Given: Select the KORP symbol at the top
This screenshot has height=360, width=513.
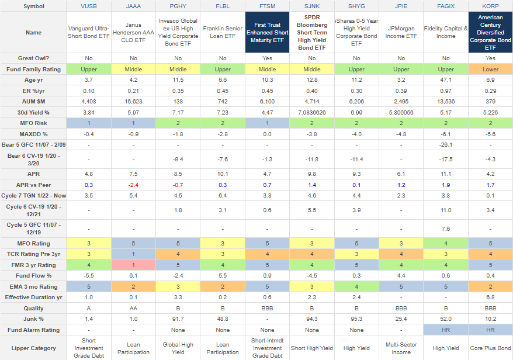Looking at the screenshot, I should pyautogui.click(x=490, y=6).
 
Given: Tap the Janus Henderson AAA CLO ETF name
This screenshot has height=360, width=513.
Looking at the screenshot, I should pyautogui.click(x=133, y=32).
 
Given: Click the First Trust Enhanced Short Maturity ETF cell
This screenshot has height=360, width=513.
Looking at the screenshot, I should pyautogui.click(x=267, y=32).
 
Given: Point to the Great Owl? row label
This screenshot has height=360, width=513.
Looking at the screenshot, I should pyautogui.click(x=33, y=58).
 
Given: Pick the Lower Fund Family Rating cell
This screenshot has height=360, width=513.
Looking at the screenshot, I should pyautogui.click(x=490, y=69).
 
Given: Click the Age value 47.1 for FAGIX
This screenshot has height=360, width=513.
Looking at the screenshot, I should pyautogui.click(x=446, y=79).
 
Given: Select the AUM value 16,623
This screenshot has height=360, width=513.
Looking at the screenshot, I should pyautogui.click(x=133, y=101).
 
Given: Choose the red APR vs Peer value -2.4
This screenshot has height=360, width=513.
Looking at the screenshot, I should pyautogui.click(x=133, y=185).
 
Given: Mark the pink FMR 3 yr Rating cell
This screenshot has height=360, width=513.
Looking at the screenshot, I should pyautogui.click(x=133, y=265).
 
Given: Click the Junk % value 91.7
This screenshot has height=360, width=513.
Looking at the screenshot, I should pyautogui.click(x=178, y=319).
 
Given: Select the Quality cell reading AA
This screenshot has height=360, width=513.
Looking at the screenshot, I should pyautogui.click(x=133, y=307).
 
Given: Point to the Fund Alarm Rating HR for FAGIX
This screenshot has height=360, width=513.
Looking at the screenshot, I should pyautogui.click(x=446, y=330).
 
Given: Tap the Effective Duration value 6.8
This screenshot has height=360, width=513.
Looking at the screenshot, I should pyautogui.click(x=490, y=297).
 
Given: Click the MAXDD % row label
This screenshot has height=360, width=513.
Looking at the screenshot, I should pyautogui.click(x=33, y=133).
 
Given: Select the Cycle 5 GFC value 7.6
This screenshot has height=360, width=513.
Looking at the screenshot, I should pyautogui.click(x=446, y=229).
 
